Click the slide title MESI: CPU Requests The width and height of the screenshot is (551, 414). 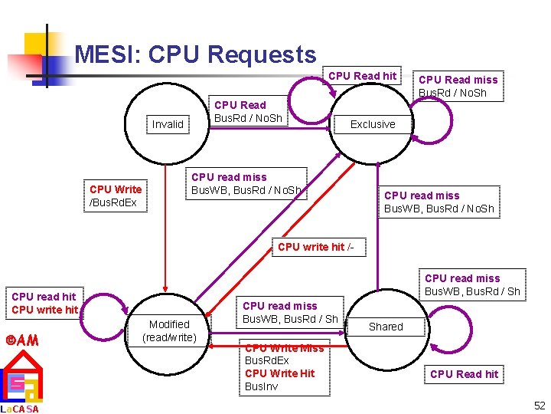[x=195, y=54]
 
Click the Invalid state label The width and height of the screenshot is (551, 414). [x=168, y=124]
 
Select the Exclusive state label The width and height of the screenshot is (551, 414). [x=373, y=124]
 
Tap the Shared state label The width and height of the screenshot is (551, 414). [x=386, y=327]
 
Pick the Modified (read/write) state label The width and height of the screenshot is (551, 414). [x=169, y=330]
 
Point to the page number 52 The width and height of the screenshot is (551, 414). [x=540, y=405]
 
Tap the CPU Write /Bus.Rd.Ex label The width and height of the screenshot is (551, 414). [x=115, y=195]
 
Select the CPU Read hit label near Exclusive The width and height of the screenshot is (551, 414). [x=363, y=76]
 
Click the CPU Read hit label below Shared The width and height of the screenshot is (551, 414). [x=464, y=374]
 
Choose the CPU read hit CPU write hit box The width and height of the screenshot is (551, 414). [x=44, y=303]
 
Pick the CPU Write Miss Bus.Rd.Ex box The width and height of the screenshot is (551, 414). [x=284, y=367]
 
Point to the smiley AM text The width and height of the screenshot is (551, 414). [x=22, y=340]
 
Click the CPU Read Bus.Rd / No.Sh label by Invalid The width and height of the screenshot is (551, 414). [x=247, y=112]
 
